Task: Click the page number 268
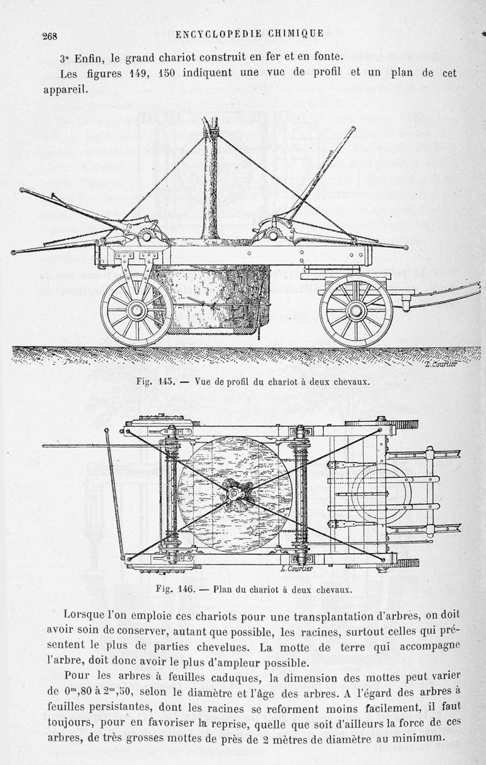coord(49,36)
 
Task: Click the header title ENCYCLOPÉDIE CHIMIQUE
coord(249,35)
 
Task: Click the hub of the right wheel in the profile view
coord(355,310)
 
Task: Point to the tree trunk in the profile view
coord(210,182)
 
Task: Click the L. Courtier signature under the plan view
coord(297,569)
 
